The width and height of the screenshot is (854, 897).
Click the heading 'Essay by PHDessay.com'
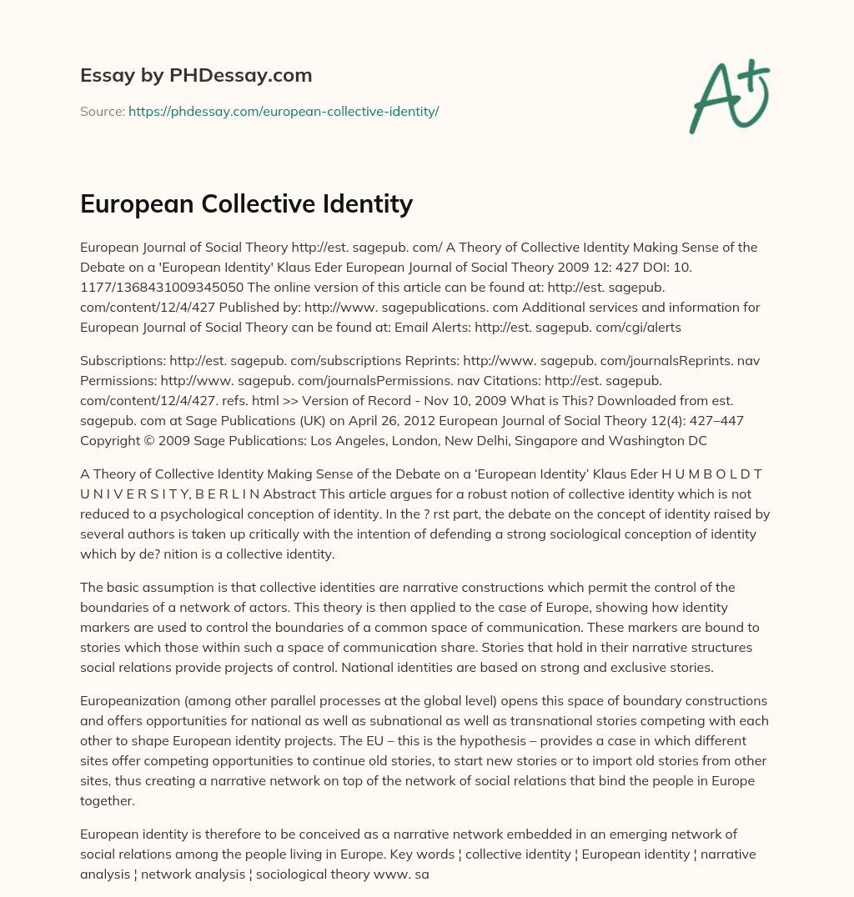196,76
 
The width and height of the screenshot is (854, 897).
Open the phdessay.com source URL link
284,111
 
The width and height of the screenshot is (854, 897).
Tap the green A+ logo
728,97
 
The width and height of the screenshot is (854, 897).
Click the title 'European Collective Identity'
246,203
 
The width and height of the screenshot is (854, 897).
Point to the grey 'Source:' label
102,111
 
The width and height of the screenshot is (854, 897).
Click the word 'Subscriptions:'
123,361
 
